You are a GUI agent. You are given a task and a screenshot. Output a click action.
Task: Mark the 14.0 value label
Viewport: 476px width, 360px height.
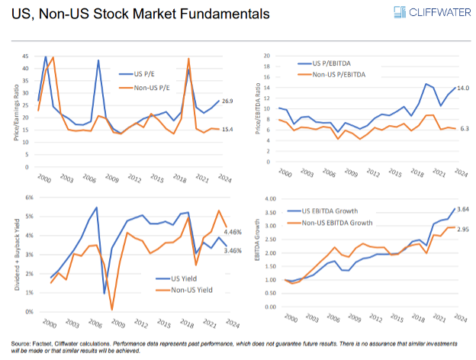click(x=462, y=88)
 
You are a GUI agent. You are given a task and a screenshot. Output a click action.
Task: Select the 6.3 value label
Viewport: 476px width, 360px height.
click(x=462, y=129)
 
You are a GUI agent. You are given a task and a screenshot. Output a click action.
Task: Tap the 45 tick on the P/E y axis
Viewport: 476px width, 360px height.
click(x=27, y=57)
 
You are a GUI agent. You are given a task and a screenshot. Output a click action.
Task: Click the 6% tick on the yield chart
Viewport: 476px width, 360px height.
click(x=27, y=198)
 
